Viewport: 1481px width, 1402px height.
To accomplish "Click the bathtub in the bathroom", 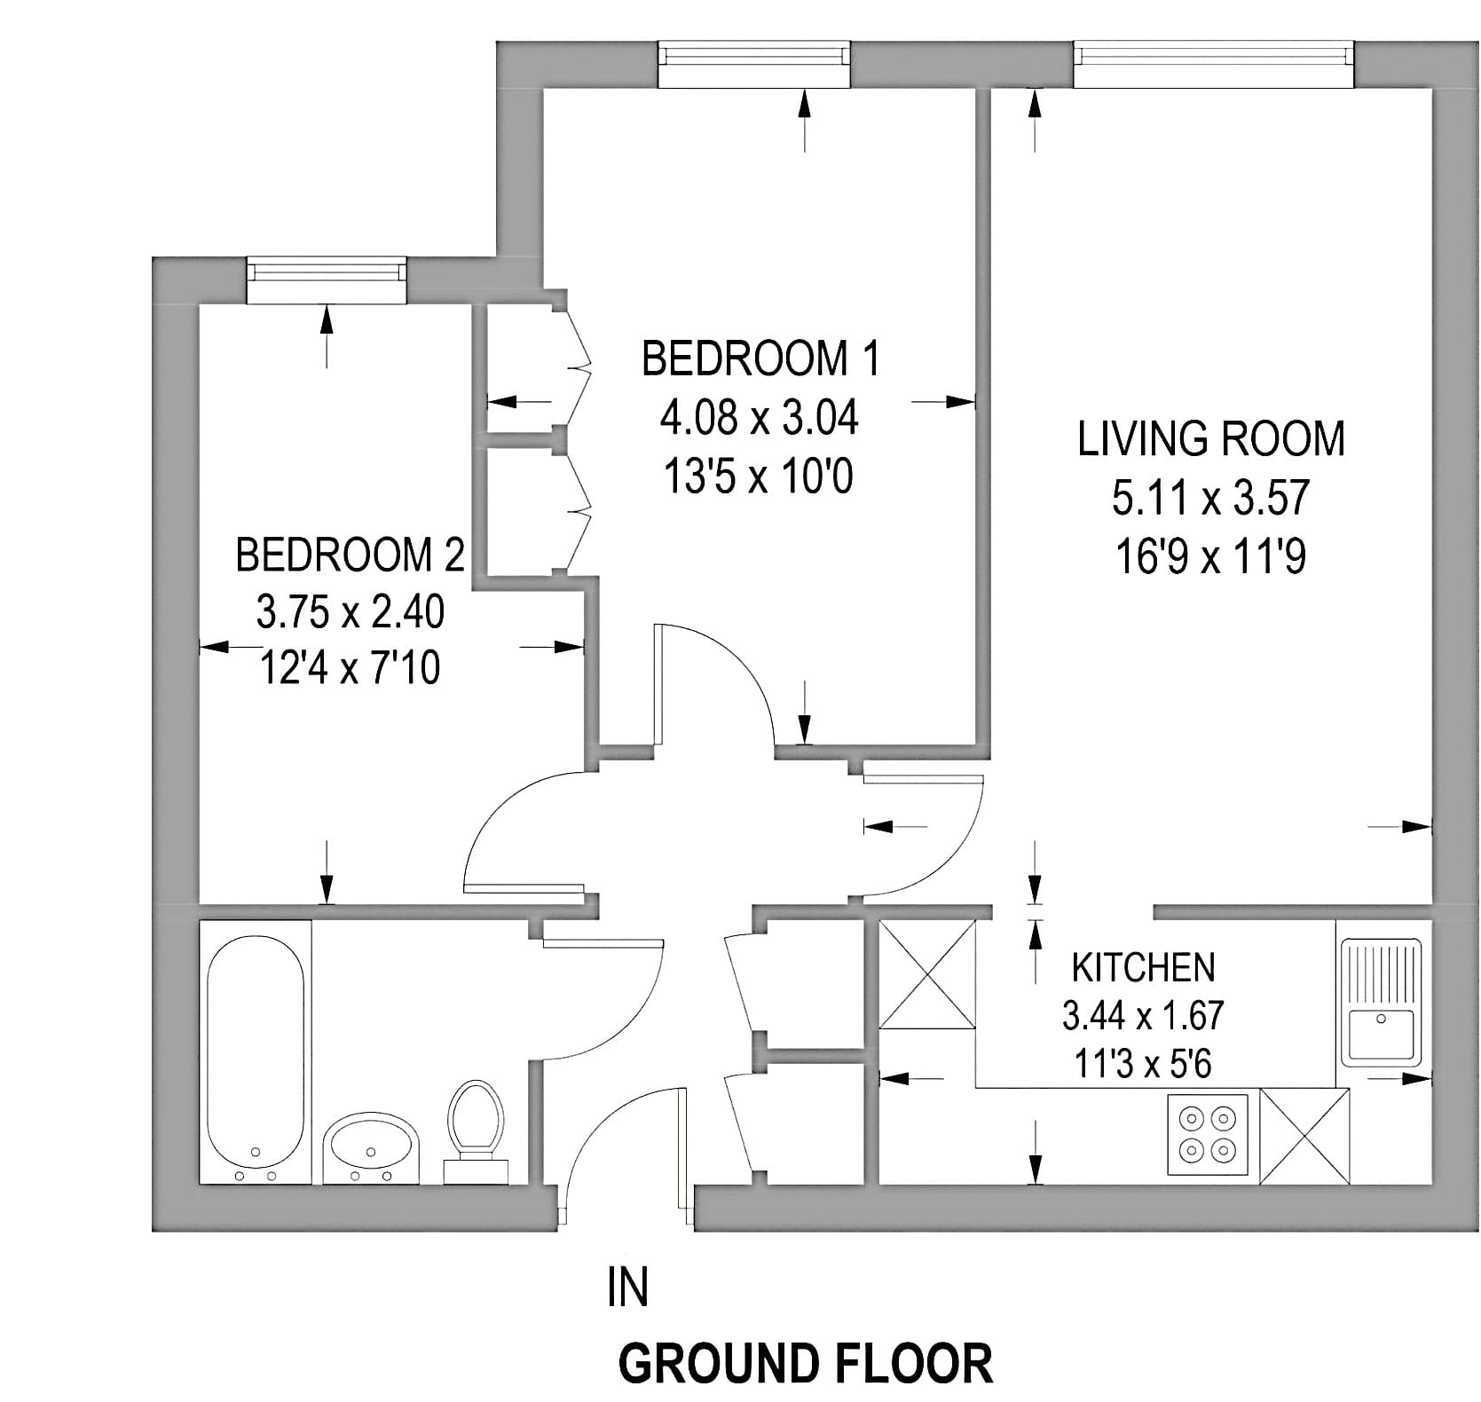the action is pos(256,1052).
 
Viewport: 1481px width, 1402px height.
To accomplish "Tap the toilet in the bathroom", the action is pos(475,1131).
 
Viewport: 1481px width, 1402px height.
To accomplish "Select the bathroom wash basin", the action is pos(371,1148).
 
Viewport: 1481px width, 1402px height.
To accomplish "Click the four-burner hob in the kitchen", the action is pos(1209,1137).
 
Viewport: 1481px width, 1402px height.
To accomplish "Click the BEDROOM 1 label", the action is pos(760,358).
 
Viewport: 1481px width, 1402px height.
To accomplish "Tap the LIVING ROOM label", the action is pos(1211,439).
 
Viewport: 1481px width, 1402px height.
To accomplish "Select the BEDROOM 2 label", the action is pos(350,555).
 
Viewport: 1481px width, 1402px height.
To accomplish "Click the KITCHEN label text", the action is pos(1143,968).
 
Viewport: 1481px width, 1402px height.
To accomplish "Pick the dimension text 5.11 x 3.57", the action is pos(1211,498).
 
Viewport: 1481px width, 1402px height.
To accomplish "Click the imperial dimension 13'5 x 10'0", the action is pos(759,477).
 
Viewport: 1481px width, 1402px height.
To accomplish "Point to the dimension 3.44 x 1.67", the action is pos(1143,1015).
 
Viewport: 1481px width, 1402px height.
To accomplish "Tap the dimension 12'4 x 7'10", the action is pos(350,667).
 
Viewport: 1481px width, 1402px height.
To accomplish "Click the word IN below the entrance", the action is pos(628,1288).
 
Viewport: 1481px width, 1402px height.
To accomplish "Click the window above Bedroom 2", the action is pos(327,280).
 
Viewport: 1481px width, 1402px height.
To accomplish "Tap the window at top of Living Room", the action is pos(1215,65).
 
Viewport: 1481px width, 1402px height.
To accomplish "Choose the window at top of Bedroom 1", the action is pos(754,65).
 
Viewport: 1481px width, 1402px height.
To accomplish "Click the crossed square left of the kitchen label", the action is pos(926,974).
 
